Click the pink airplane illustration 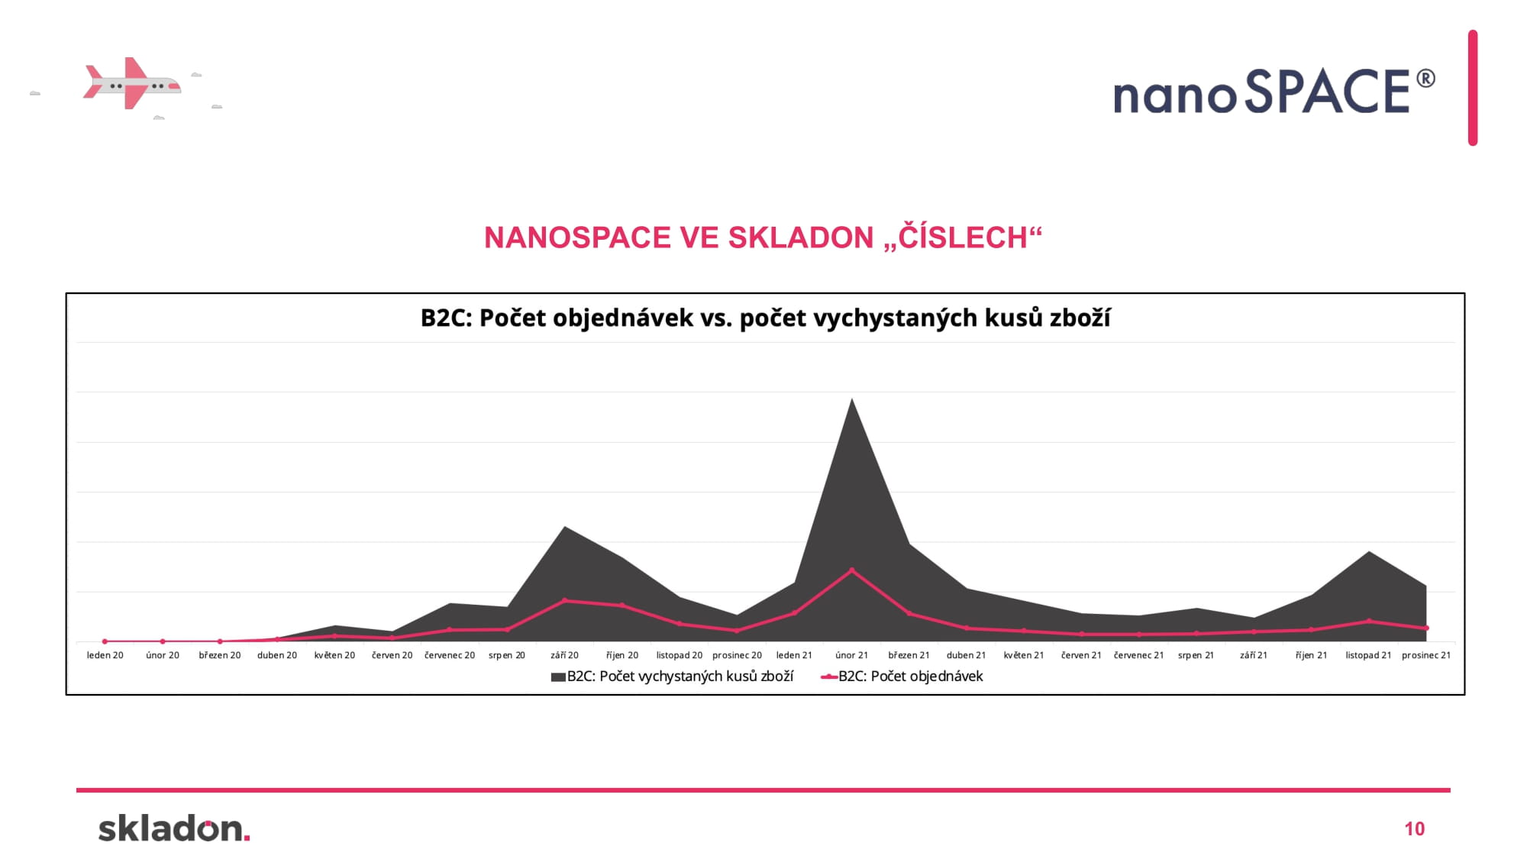tap(131, 83)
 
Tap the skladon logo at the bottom tap(174, 828)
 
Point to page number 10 tap(1414, 829)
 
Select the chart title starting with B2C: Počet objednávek tap(765, 318)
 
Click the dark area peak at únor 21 tap(851, 399)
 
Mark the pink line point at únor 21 tap(851, 570)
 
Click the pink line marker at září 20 tap(564, 600)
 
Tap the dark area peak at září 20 tap(564, 527)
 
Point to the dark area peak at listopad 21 tap(1368, 551)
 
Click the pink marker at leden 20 tap(105, 641)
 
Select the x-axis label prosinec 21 tap(1425, 655)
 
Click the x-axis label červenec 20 tap(450, 655)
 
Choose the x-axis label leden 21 tap(794, 655)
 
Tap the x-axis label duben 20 tap(277, 655)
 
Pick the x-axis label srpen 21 tap(1196, 655)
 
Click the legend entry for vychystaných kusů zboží tap(672, 677)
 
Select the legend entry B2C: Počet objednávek tap(902, 677)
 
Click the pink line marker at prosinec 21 tap(1425, 628)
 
